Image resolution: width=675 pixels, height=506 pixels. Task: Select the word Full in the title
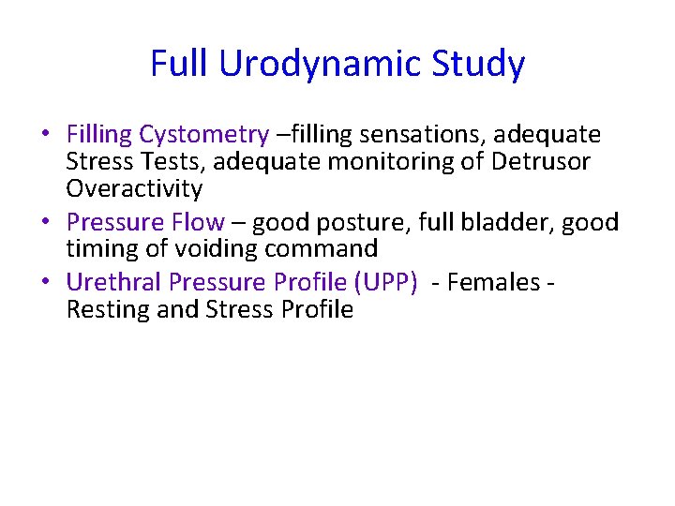pos(181,65)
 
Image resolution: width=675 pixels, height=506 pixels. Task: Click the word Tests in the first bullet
pos(173,162)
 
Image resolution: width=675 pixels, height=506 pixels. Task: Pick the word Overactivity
pos(134,188)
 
